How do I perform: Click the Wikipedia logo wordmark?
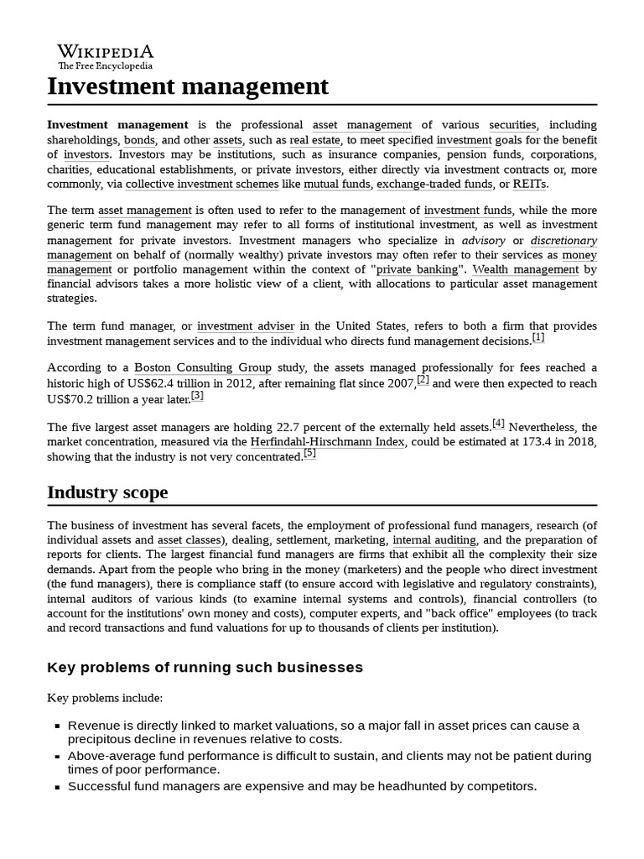pos(105,52)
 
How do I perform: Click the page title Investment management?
pos(188,86)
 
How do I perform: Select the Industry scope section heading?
pos(107,492)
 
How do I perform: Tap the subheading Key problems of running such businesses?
pos(205,667)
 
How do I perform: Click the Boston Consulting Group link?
pos(203,367)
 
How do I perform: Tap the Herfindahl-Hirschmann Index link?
pos(328,441)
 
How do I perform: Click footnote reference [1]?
pos(538,337)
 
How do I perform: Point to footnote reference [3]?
pos(197,395)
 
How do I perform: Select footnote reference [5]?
pos(309,453)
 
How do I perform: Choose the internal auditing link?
pos(434,540)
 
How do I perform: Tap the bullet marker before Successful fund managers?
pos(56,788)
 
